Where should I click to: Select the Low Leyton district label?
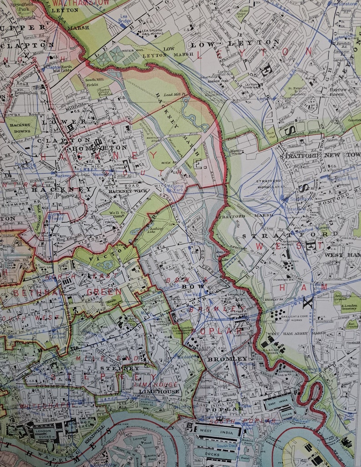[235, 44]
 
